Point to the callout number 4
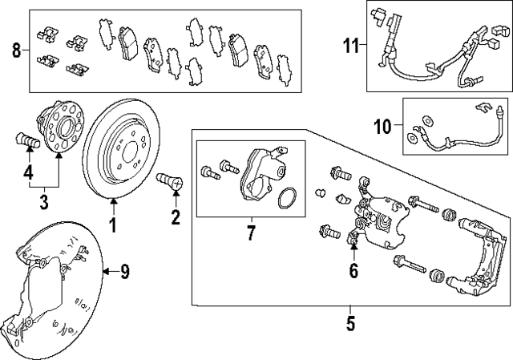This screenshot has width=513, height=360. click(x=28, y=172)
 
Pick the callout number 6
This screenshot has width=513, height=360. click(x=353, y=270)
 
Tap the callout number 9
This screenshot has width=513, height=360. click(x=125, y=272)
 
